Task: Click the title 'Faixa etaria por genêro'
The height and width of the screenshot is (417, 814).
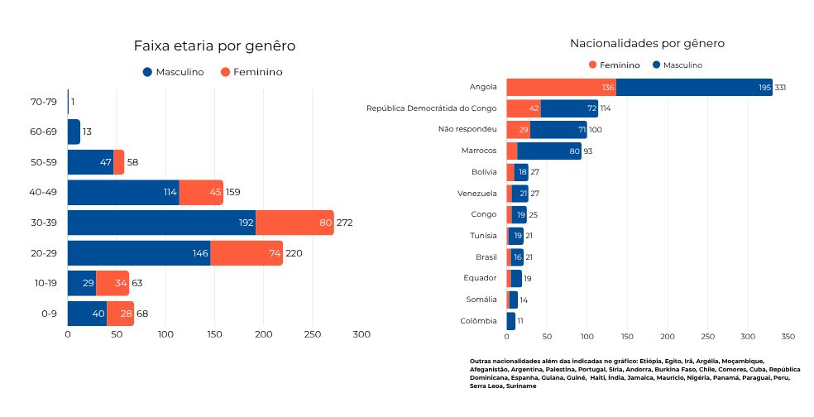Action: point(214,46)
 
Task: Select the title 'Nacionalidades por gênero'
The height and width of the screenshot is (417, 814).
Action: point(647,43)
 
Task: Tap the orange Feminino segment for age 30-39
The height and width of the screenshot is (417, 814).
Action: point(294,223)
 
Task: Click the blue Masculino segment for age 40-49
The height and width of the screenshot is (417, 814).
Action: point(122,193)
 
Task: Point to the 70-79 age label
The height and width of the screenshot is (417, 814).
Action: point(43,102)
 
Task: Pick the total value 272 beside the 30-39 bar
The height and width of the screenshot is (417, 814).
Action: point(345,223)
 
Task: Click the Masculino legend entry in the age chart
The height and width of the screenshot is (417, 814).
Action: point(173,72)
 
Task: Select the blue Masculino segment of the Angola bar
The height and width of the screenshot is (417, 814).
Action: point(693,87)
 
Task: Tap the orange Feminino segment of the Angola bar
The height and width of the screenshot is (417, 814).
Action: point(560,87)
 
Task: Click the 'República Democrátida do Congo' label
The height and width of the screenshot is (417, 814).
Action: point(431,108)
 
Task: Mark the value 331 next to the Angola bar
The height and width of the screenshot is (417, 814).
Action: point(780,87)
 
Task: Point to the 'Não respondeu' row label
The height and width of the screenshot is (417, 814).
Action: point(467,129)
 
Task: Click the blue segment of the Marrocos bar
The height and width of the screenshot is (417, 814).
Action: point(548,151)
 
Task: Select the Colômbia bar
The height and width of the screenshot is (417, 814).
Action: point(510,320)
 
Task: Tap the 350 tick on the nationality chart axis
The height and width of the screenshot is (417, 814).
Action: point(788,337)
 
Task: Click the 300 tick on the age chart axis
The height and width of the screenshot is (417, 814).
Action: point(362,334)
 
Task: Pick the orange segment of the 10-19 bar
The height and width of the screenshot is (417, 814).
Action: point(113,283)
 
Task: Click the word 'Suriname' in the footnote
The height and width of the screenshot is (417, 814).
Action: point(521,386)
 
